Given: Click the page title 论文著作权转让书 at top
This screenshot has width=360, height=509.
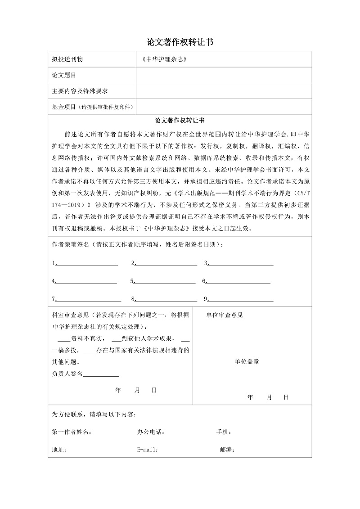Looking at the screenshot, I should tap(180, 42).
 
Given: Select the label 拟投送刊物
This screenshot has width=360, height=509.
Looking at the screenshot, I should tap(67, 59).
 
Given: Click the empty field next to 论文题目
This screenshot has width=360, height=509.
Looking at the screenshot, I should tap(224, 75).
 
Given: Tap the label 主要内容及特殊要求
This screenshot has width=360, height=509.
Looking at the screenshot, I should tap(80, 91).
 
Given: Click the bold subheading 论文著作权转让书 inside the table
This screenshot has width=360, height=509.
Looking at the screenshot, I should tap(180, 120).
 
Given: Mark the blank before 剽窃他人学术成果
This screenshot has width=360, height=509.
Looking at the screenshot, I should tap(117, 339).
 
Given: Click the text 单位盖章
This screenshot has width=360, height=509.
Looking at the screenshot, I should tap(246, 361).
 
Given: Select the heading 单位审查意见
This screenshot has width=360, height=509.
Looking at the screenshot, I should tap(225, 315).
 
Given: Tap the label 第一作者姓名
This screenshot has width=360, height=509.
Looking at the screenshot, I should tap(72, 432).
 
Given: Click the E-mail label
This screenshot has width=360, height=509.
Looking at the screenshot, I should tap(147, 450).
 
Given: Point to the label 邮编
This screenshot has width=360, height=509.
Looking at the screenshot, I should tap(225, 450).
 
